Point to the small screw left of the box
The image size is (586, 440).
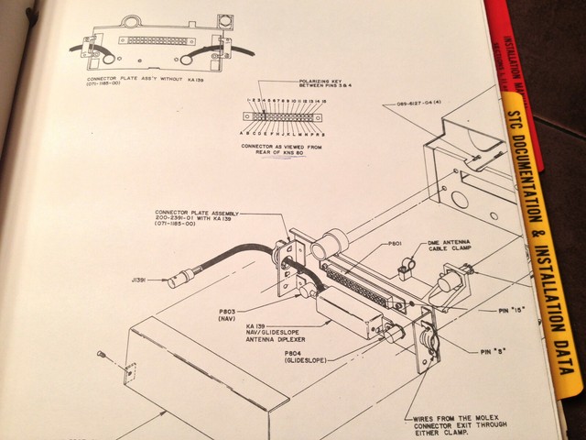pos(107,357)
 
